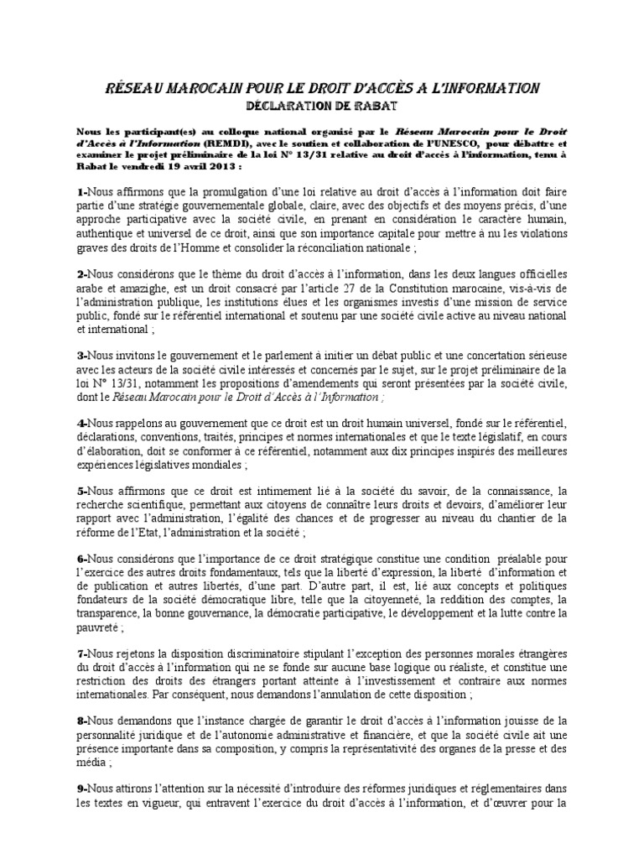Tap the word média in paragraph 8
coord(92,763)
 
